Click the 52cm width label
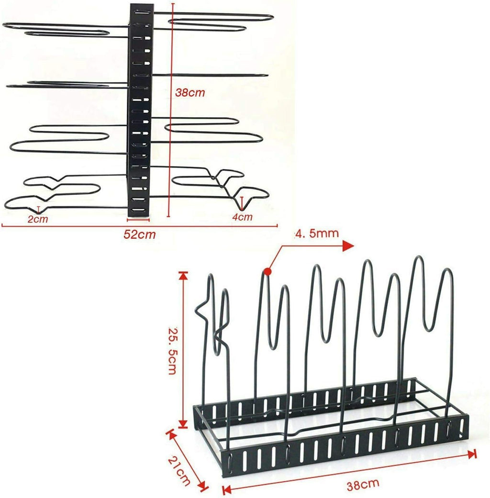(140, 234)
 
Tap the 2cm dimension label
(38, 219)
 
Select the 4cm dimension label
(242, 217)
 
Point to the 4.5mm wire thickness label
(317, 233)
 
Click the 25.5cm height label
(173, 351)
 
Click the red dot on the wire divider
(267, 272)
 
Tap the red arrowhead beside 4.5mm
(348, 246)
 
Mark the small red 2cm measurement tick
(39, 210)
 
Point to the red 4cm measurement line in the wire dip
(242, 203)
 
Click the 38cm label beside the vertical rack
(190, 93)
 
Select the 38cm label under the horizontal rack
(363, 485)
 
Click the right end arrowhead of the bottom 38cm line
(472, 454)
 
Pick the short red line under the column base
(138, 220)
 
